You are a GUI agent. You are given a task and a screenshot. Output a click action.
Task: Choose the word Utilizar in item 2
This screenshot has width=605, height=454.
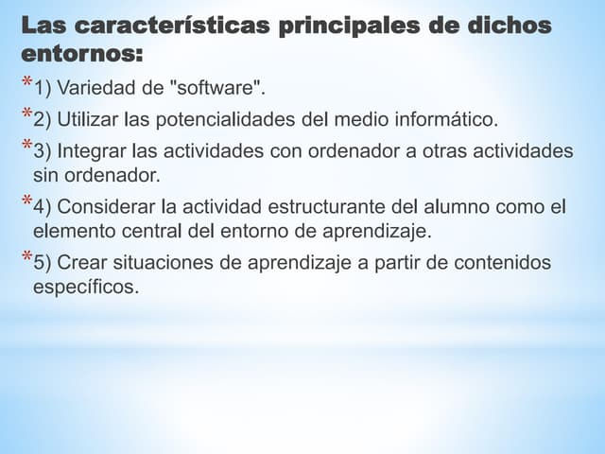click(92, 120)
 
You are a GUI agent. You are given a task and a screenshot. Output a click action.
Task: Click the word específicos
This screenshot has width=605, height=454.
click(85, 286)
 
